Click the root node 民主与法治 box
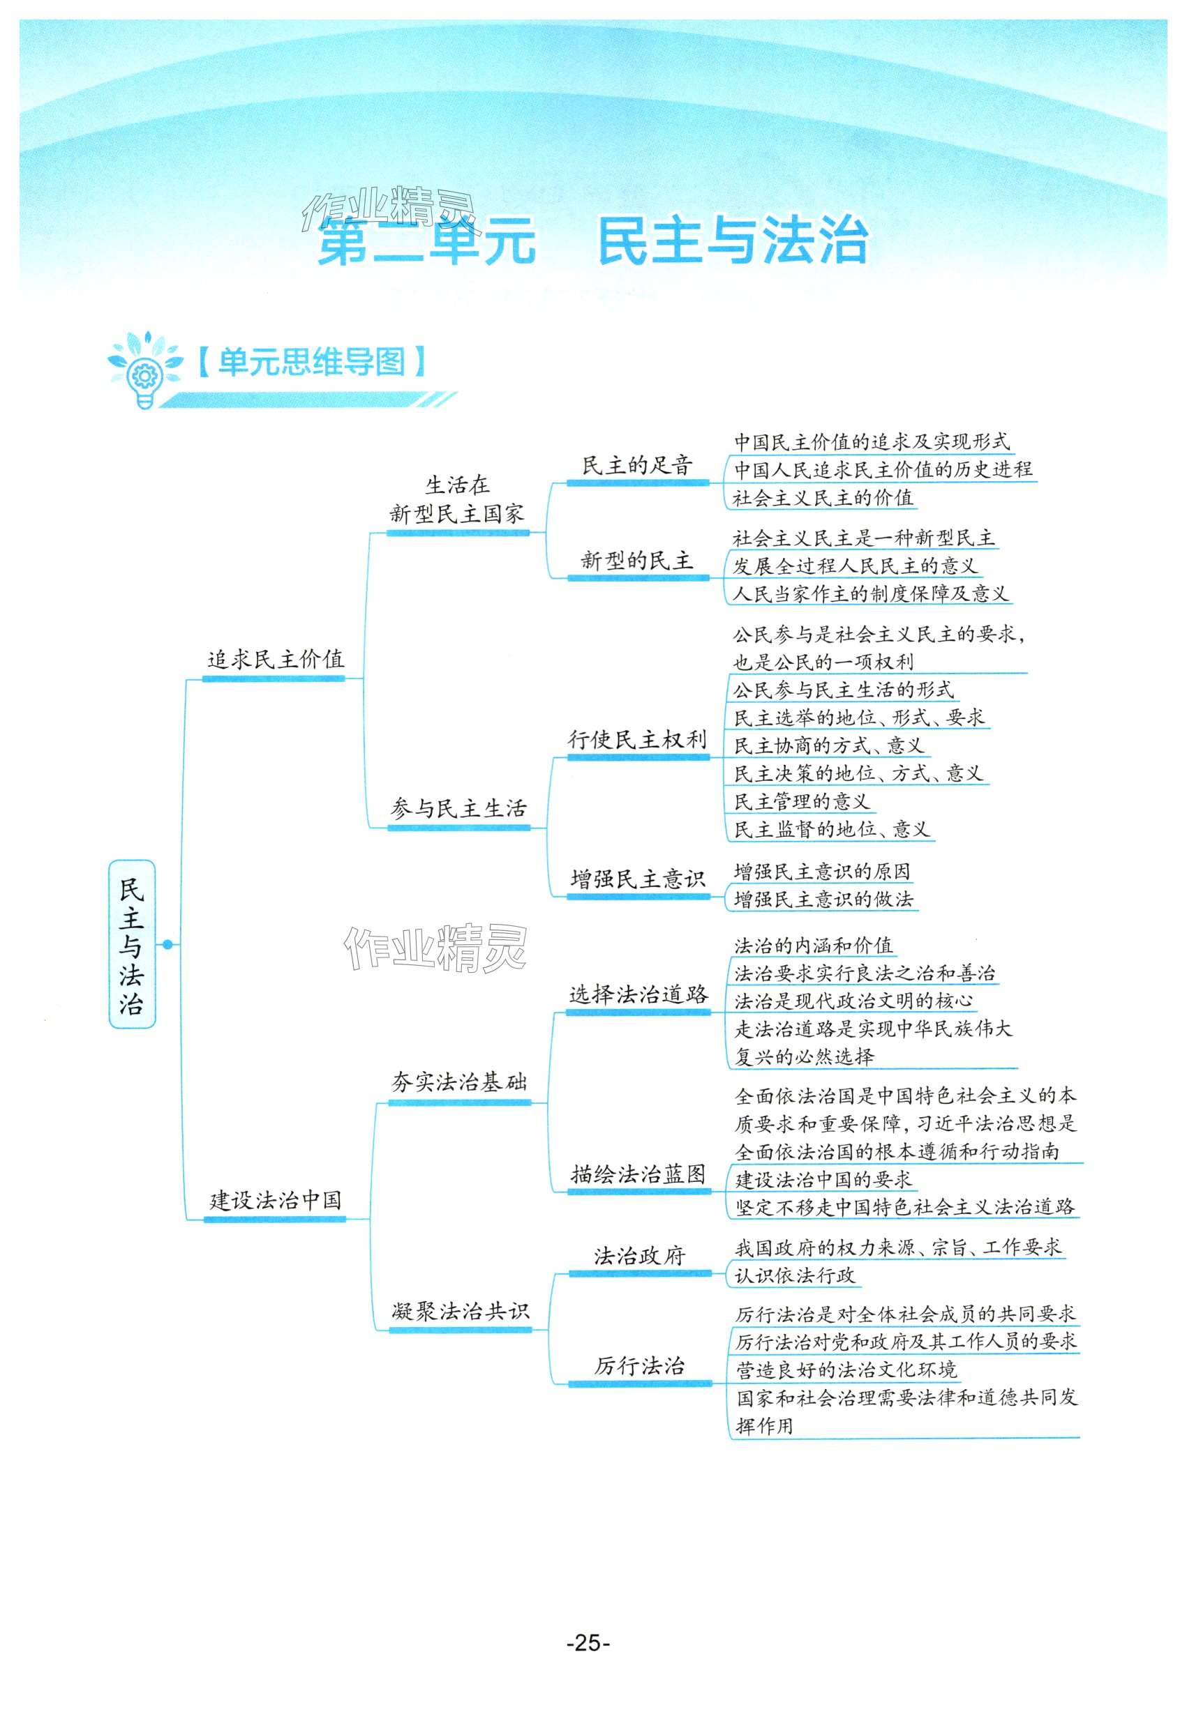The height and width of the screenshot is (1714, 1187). coord(132,944)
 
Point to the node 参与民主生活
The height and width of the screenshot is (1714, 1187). coord(458,809)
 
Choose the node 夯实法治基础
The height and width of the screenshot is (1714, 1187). coord(459,1082)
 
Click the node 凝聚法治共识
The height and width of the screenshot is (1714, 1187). coord(461,1311)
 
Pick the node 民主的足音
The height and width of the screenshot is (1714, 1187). coord(636,466)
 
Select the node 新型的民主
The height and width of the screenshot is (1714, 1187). coord(636,561)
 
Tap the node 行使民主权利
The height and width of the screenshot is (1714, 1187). coord(636,740)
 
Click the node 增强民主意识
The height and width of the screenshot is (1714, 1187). coord(637,879)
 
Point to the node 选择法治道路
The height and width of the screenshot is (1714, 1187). coord(638,994)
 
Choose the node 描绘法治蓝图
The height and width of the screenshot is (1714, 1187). coord(638,1174)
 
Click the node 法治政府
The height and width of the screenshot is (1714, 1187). coord(639,1256)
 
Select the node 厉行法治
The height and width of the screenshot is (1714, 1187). coord(639,1365)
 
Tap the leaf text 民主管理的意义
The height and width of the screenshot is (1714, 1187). coord(801,801)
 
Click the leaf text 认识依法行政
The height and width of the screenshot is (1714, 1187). coord(795,1275)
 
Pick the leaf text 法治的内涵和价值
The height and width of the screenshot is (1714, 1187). coord(814,946)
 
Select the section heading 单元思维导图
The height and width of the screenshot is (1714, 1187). coord(312,362)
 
